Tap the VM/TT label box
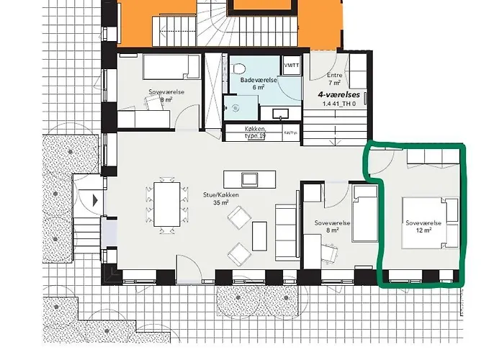tap(292, 66)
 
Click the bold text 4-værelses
tap(340, 94)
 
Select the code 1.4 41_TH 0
tap(340, 104)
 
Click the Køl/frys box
tap(290, 132)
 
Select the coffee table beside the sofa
tap(259, 235)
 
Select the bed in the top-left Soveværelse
tap(171, 67)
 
